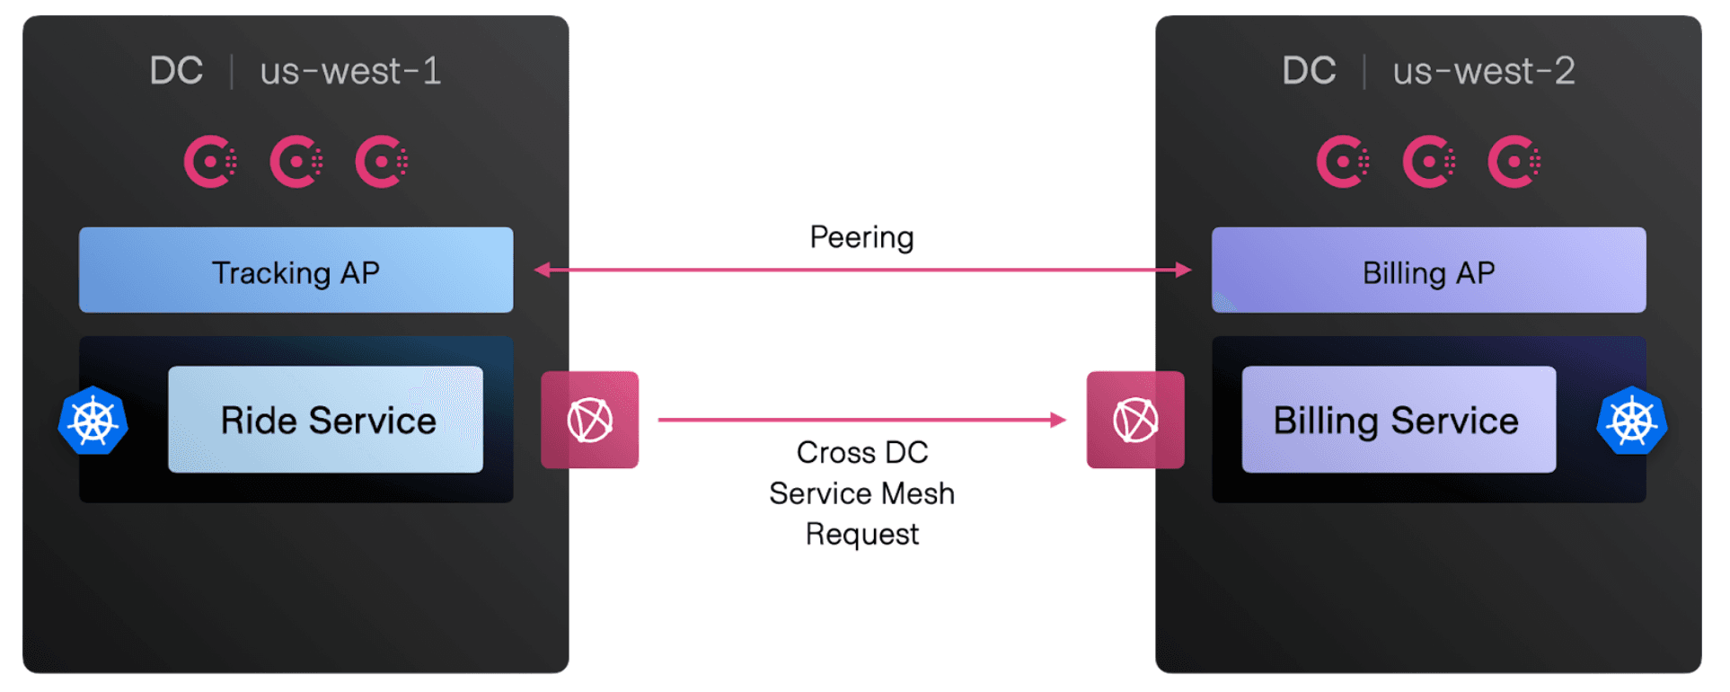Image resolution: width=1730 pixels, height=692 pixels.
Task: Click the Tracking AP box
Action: click(x=296, y=271)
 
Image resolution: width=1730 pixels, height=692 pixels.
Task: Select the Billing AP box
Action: click(x=1428, y=271)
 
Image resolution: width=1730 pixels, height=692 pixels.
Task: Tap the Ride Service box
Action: click(x=325, y=420)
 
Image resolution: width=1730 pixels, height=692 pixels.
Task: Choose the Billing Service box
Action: click(x=1398, y=420)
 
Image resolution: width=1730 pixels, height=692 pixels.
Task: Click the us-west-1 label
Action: click(x=350, y=71)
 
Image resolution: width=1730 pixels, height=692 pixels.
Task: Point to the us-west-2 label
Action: click(x=1483, y=71)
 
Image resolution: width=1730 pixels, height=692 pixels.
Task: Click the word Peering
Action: click(x=861, y=237)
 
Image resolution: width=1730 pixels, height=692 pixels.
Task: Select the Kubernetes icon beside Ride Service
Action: click(x=93, y=421)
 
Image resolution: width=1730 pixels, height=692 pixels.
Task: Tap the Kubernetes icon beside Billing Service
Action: click(x=1631, y=421)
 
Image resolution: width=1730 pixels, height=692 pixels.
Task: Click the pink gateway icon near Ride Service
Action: click(x=589, y=420)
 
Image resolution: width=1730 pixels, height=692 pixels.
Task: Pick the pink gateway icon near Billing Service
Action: click(x=1135, y=420)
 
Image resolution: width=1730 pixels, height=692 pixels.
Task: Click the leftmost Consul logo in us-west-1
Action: click(x=210, y=162)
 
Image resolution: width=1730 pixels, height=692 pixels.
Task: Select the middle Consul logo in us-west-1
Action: click(x=296, y=162)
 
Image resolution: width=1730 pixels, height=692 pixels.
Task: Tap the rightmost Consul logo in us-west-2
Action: click(x=1514, y=162)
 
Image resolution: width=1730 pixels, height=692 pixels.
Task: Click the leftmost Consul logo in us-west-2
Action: click(x=1343, y=162)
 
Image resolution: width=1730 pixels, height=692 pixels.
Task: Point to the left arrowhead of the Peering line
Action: click(x=543, y=270)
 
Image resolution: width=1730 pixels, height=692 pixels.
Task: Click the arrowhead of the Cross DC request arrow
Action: click(x=1058, y=420)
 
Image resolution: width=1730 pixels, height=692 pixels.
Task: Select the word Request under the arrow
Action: click(x=861, y=535)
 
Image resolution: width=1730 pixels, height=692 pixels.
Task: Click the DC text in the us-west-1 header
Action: click(x=176, y=71)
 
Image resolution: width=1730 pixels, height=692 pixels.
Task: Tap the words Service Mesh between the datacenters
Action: click(x=861, y=493)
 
